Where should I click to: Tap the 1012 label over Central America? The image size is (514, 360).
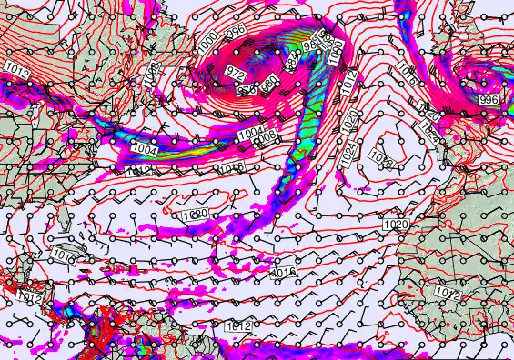coord(30,296)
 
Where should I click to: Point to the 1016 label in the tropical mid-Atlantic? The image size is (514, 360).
coord(286,272)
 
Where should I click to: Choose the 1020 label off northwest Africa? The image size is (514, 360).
coord(396,224)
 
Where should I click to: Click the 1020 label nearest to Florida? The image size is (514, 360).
coord(195,215)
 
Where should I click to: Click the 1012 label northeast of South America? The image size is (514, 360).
coord(237,325)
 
